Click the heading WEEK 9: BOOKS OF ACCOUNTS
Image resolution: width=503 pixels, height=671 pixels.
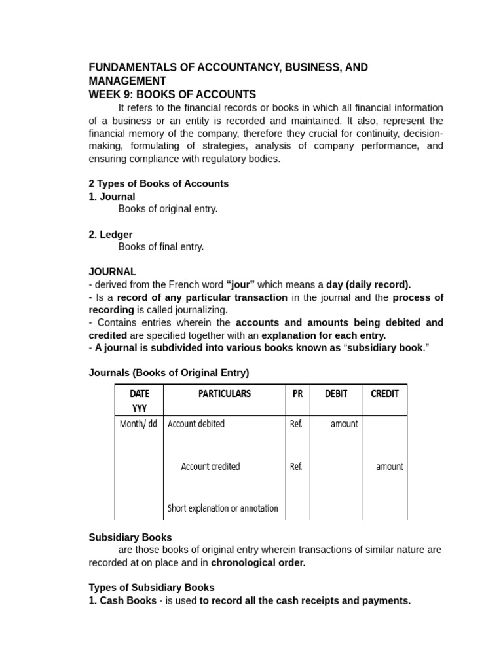[172, 94]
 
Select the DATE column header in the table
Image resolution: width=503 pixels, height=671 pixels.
[140, 394]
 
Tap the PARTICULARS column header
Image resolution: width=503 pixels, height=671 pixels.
[224, 394]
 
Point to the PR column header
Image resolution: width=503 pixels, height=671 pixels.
[297, 394]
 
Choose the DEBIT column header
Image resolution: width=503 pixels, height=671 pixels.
[336, 394]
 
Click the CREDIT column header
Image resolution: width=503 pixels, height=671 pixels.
[384, 394]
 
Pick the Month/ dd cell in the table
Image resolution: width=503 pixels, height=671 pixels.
[139, 424]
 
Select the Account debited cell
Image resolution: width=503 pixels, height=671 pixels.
[196, 424]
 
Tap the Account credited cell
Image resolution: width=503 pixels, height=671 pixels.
[210, 467]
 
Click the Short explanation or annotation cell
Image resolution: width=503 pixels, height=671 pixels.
[223, 508]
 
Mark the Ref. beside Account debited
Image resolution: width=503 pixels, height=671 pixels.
[296, 424]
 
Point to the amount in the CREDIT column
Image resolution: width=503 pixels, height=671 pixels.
[389, 467]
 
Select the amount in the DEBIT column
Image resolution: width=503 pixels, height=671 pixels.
[344, 424]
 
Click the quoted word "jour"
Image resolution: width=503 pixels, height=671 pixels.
[240, 284]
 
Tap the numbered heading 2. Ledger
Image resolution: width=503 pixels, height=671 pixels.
[111, 234]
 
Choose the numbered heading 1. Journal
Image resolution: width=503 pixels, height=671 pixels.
[112, 197]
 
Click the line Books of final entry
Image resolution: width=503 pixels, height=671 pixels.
[161, 247]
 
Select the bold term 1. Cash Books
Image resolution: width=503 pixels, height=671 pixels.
[122, 601]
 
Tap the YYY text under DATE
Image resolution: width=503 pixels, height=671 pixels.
[140, 408]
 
